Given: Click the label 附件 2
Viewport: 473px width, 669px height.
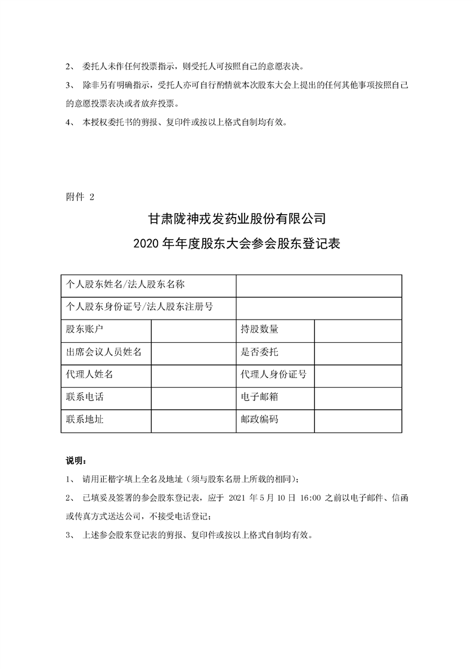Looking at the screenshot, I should tap(79, 197).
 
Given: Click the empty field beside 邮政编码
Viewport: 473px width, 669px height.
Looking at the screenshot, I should tap(357, 420).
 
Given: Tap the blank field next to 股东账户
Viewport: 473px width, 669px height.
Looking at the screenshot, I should tap(193, 329).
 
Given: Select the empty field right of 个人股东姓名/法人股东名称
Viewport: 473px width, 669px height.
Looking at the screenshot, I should tap(319, 284).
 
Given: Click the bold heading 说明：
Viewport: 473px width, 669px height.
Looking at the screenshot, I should tap(76, 461).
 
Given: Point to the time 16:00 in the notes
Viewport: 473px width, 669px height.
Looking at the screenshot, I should tap(309, 497).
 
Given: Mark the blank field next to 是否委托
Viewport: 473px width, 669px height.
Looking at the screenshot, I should tap(357, 352).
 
